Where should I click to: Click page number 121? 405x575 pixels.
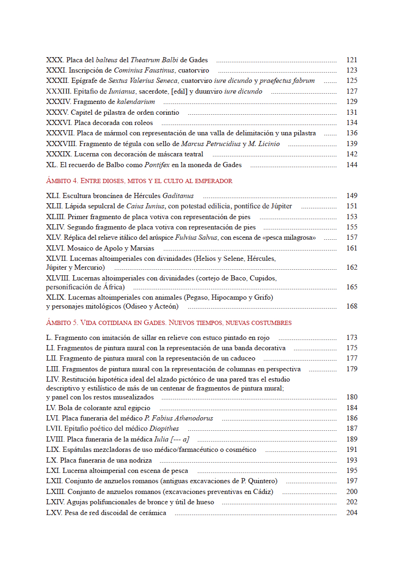click(352, 60)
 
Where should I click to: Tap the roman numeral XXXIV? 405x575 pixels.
click(58, 102)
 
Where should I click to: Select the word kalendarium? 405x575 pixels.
click(137, 102)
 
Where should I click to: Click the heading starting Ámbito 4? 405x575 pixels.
click(139, 180)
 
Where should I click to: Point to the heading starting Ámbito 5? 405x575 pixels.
click(169, 323)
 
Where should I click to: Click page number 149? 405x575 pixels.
click(352, 196)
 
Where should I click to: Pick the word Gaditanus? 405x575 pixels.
click(178, 196)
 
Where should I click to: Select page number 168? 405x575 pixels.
click(352, 306)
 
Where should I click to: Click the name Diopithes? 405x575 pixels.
click(164, 428)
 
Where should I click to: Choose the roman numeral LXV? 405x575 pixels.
click(54, 513)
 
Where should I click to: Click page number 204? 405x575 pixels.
click(352, 513)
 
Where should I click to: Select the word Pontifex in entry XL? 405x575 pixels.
click(158, 165)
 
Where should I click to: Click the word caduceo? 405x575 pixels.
click(242, 358)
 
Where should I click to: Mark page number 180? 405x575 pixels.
click(352, 397)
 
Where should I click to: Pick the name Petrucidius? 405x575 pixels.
click(221, 144)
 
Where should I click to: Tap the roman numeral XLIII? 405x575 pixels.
click(56, 217)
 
